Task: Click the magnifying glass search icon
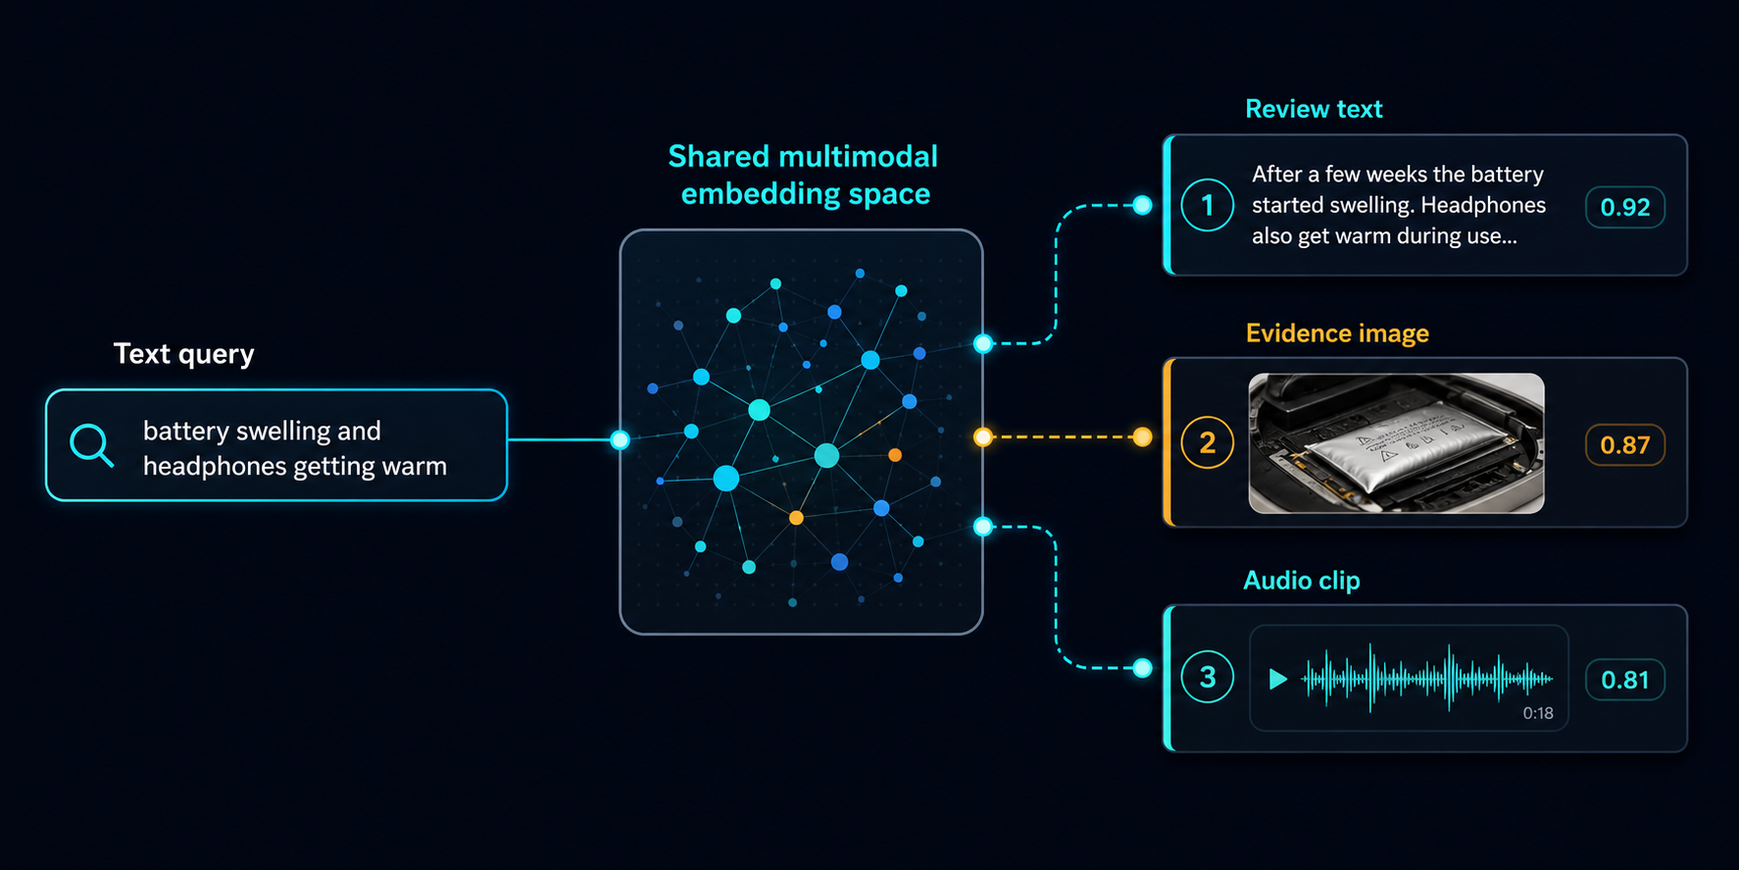(91, 445)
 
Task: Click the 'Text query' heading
(184, 353)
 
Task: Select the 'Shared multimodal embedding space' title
(804, 175)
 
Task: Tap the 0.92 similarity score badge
(1625, 207)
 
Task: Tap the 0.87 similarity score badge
(1625, 444)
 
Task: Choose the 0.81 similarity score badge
(1625, 680)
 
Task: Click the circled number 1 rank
(1208, 205)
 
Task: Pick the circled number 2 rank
(1208, 442)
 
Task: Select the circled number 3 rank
(1208, 677)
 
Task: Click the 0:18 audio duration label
(1538, 713)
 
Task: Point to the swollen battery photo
(1396, 443)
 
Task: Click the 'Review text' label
(1314, 109)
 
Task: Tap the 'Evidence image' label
(1337, 333)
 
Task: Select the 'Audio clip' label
(1302, 581)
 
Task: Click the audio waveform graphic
(1427, 678)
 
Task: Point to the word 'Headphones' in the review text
(1483, 205)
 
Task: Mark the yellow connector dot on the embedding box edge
(983, 437)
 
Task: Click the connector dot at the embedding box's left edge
(620, 439)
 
